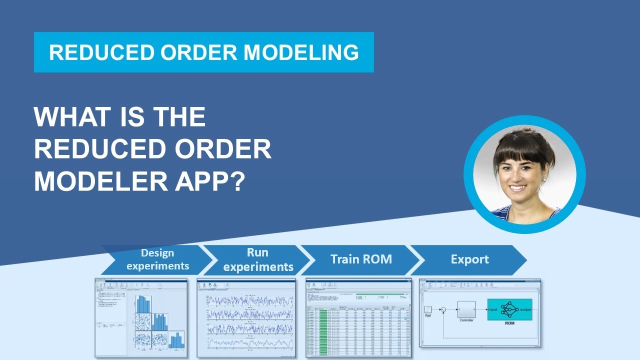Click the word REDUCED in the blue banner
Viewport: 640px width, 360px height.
(x=95, y=52)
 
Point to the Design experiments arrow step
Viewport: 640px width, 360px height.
(x=157, y=259)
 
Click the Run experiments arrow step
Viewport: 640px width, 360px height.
(x=257, y=259)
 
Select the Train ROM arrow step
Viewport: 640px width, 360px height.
(x=361, y=259)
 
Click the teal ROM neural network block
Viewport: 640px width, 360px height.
(x=509, y=310)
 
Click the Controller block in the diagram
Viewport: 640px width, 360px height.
(x=466, y=310)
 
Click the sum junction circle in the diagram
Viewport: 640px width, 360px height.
(x=442, y=310)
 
